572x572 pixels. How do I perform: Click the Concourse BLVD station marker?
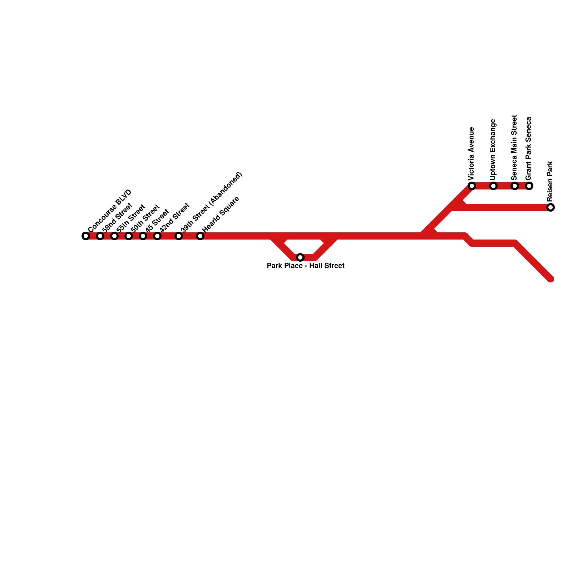tap(86, 236)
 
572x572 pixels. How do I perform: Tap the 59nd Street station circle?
tap(100, 236)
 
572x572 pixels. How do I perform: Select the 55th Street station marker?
tap(114, 236)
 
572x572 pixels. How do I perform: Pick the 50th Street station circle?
tap(129, 236)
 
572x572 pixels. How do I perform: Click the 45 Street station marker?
tap(143, 236)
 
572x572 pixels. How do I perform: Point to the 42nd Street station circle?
tap(157, 236)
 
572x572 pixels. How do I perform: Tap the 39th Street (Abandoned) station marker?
tap(179, 236)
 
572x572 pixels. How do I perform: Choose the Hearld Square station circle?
tap(200, 236)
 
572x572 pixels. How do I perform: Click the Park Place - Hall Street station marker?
tap(300, 257)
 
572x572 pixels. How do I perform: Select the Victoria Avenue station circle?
tap(472, 186)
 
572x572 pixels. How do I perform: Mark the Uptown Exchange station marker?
tap(493, 186)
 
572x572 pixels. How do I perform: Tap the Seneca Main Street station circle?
tap(515, 186)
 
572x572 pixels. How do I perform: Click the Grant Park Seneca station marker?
tap(529, 186)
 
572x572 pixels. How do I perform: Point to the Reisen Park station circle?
tap(551, 207)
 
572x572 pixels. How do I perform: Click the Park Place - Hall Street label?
tap(306, 266)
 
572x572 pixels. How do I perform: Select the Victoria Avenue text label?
tap(472, 154)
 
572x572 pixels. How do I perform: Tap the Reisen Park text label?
tap(550, 181)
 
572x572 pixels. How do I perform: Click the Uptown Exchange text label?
tap(493, 150)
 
